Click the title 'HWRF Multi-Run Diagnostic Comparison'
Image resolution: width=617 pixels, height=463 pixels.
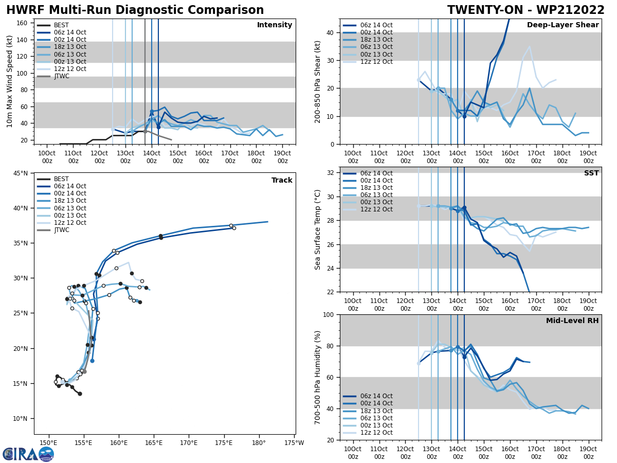135,10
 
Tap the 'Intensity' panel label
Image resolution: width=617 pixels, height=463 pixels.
275,25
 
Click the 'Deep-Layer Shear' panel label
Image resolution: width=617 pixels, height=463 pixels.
562,25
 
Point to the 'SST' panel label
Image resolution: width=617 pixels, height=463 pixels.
591,173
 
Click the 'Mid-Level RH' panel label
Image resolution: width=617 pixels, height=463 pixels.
572,321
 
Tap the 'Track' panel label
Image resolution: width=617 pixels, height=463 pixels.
282,180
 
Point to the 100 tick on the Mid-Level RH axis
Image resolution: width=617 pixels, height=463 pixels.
329,315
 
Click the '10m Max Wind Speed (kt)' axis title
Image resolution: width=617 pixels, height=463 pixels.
10,81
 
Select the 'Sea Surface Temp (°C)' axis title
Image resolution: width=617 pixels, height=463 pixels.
318,229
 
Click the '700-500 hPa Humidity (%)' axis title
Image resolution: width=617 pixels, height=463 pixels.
318,377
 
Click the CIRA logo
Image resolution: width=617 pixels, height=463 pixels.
28,454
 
